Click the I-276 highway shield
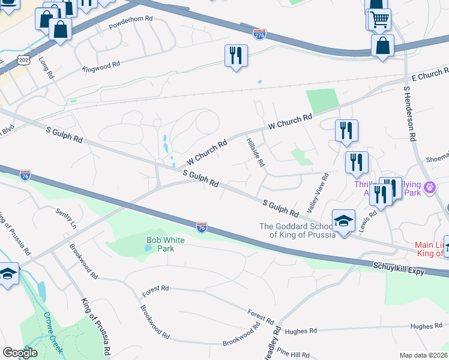coord(259,34)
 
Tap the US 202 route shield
coord(23,61)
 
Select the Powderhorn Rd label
coord(131,23)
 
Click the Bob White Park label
coord(166,244)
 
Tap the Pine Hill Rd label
coord(294,355)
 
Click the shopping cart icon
coord(379,19)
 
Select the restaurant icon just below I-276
coord(236,56)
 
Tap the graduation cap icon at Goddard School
coord(343,221)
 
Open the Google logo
coord(20,353)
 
